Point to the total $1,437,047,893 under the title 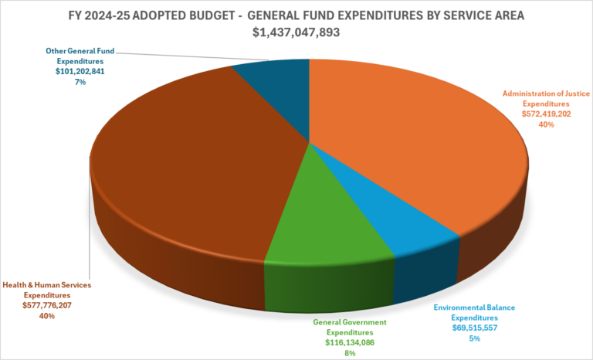click(x=296, y=32)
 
